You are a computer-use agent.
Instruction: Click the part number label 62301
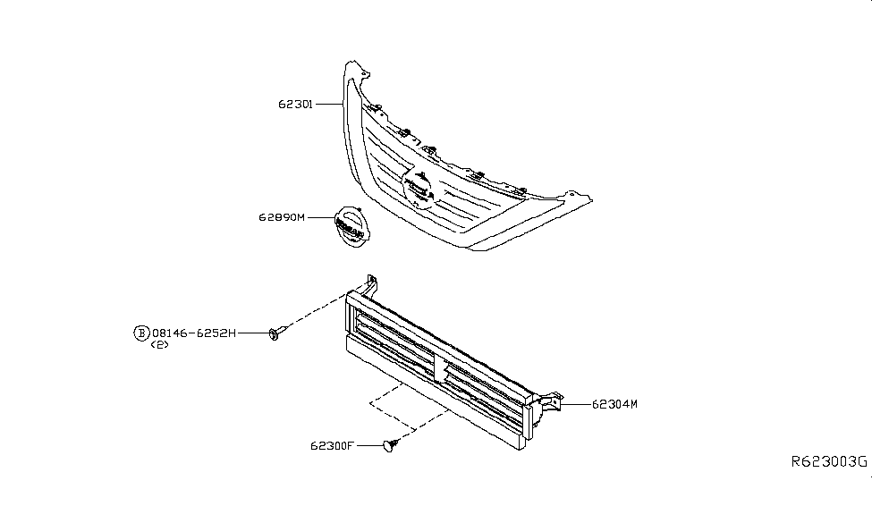click(296, 104)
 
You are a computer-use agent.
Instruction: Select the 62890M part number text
click(282, 217)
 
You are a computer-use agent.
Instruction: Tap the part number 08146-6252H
click(194, 333)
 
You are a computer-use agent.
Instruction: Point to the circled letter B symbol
click(142, 333)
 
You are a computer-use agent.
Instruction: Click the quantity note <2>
click(159, 345)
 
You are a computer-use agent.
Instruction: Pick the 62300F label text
click(332, 446)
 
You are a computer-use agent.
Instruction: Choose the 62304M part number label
click(614, 404)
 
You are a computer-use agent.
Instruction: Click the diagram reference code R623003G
click(829, 461)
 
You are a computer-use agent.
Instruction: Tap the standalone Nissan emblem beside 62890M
click(351, 227)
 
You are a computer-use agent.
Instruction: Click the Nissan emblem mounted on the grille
click(418, 189)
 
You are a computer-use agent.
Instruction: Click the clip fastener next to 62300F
click(391, 445)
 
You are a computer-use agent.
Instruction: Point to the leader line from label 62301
click(328, 104)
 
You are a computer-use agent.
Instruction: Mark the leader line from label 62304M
click(576, 404)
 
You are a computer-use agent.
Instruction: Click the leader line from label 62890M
click(320, 217)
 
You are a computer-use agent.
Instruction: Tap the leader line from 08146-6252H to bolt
click(254, 333)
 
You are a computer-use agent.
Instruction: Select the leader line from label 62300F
click(370, 445)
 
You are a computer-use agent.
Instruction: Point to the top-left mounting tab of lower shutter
click(370, 284)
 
